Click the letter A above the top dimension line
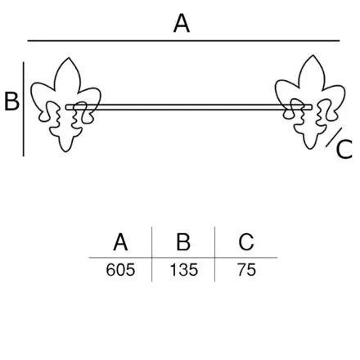[x=182, y=24]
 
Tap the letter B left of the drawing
[x=12, y=101]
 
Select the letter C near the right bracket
[x=344, y=149]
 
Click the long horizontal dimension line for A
[x=183, y=41]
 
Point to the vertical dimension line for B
[x=24, y=109]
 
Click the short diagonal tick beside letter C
[x=333, y=137]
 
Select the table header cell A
[x=120, y=242]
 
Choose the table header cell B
[x=183, y=242]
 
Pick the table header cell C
[x=246, y=242]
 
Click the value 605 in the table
[x=120, y=270]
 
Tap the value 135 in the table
[x=184, y=270]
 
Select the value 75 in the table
[x=246, y=270]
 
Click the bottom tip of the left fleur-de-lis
[x=65, y=151]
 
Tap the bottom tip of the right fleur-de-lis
[x=310, y=149]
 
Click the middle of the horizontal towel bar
[x=189, y=107]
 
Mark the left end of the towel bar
[x=66, y=107]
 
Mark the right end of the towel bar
[x=312, y=107]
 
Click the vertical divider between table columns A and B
[x=152, y=254]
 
